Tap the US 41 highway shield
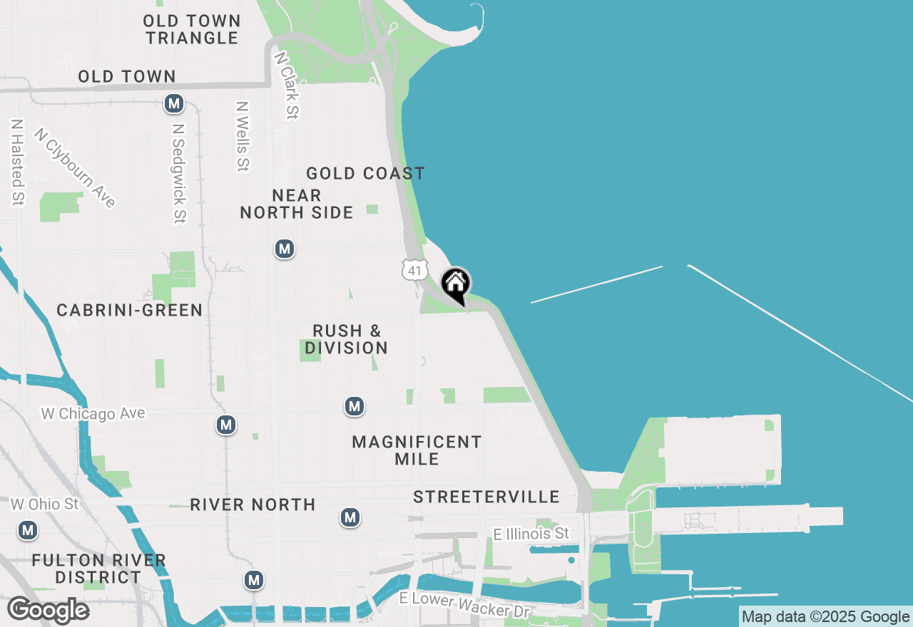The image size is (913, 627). (414, 269)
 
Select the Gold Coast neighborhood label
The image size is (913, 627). (365, 173)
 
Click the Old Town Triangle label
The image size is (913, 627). (192, 29)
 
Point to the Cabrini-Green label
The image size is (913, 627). (130, 310)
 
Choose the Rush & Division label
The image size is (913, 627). (347, 339)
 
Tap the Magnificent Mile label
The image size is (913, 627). (417, 450)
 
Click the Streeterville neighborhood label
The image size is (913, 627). (486, 497)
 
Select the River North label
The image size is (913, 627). (253, 504)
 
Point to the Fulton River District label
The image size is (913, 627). (99, 569)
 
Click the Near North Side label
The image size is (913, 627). (297, 204)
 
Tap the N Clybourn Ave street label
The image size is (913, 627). (74, 168)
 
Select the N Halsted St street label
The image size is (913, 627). (16, 162)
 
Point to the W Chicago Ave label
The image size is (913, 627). (93, 413)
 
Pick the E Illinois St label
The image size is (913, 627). (531, 534)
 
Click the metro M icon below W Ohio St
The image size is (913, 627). (28, 531)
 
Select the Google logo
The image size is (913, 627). (48, 611)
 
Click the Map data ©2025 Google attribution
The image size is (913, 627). (825, 617)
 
